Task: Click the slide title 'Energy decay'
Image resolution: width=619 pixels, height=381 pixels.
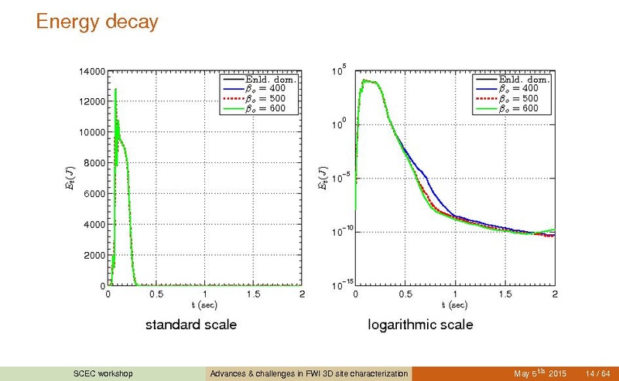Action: pos(97,22)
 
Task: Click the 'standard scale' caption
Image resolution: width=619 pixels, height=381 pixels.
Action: pos(191,325)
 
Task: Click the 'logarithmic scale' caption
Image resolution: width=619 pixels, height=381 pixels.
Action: pos(420,325)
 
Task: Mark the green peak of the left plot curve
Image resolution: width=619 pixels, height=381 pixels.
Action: pos(115,90)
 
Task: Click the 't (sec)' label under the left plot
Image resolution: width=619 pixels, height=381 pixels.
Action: pos(204,304)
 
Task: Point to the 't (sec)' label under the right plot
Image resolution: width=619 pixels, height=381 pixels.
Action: pos(455,304)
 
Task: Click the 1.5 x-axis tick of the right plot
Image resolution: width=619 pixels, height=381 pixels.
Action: pos(504,294)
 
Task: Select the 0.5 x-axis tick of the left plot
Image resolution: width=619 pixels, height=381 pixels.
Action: pos(156,294)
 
